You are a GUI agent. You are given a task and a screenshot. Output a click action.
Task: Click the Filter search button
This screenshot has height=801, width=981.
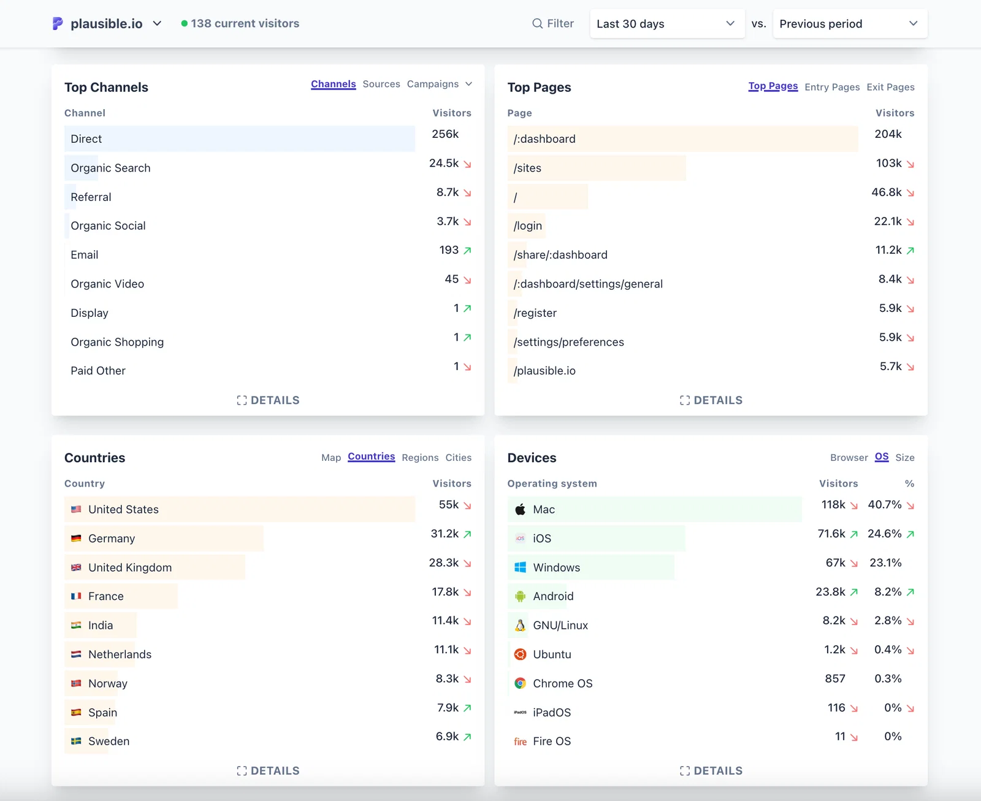tap(552, 24)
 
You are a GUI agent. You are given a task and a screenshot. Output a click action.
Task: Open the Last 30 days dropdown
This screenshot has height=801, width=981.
tap(666, 24)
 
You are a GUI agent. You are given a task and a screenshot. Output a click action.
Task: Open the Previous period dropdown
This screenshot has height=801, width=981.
tap(850, 24)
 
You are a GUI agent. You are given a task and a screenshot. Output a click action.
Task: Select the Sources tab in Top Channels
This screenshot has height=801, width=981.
tap(381, 84)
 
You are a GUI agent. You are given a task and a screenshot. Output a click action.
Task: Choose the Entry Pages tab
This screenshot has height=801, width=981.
tap(831, 87)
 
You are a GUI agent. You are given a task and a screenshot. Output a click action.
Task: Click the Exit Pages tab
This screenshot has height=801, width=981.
tap(890, 87)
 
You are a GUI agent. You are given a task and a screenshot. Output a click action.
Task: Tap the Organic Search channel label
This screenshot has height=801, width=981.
tap(110, 168)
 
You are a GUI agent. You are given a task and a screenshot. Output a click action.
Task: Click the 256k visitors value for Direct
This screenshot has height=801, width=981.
tap(445, 134)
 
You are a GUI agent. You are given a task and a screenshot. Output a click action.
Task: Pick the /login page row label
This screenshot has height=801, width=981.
tap(527, 226)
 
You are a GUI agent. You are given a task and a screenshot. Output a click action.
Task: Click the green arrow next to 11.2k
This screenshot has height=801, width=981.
tap(910, 251)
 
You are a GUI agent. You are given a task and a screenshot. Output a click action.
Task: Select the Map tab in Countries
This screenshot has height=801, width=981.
tap(330, 457)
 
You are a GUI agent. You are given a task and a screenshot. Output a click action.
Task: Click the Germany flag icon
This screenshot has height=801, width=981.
tap(76, 538)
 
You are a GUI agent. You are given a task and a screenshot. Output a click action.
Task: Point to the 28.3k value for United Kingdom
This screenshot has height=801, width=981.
tap(444, 563)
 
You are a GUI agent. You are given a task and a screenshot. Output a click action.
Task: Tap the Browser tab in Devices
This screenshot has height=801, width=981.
tap(849, 457)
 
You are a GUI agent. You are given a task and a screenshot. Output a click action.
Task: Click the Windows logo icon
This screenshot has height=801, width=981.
tap(520, 567)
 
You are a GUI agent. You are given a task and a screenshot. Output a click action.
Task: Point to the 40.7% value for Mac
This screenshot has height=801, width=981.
tap(884, 505)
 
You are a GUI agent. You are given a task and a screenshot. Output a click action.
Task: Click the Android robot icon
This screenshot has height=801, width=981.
tap(520, 596)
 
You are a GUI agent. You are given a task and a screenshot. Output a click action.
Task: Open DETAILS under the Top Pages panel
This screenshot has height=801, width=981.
tap(711, 400)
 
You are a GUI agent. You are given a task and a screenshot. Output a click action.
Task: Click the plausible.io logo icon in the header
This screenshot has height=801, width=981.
tap(57, 24)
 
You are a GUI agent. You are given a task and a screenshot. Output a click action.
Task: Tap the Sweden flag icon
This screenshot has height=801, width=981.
tap(76, 741)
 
